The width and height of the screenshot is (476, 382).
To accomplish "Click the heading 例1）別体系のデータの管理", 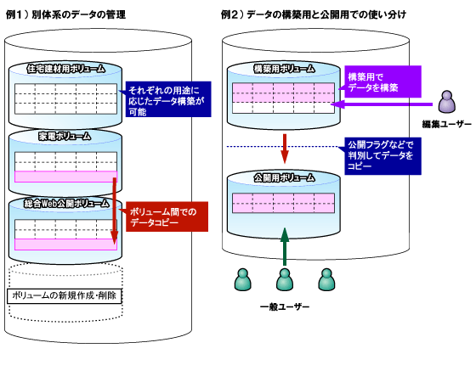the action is click(x=65, y=14).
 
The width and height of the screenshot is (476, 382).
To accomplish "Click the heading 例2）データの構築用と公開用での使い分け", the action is click(x=314, y=14).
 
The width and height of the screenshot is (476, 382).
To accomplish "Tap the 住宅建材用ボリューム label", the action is click(x=65, y=69).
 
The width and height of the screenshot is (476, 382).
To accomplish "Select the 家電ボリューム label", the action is click(x=65, y=137).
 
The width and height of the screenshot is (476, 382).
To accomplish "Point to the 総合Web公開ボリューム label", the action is click(x=66, y=204).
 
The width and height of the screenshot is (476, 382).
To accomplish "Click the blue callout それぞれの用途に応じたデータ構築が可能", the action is click(x=168, y=99).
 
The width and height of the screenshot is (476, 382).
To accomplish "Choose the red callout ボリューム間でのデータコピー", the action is click(x=167, y=216).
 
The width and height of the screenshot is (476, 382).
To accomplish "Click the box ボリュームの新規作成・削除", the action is click(x=65, y=296).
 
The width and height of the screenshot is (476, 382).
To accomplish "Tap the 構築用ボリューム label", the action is click(x=284, y=69).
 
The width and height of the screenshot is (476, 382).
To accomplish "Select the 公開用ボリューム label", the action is click(x=284, y=177).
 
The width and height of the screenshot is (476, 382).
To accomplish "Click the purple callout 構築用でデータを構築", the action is click(x=382, y=81).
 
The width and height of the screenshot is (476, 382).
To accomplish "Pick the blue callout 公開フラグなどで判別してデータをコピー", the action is click(x=382, y=156).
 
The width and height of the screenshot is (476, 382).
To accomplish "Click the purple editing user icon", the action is click(x=447, y=102).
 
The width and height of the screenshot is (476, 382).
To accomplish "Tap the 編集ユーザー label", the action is click(x=447, y=124).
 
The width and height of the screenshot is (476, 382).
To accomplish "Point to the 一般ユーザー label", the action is click(x=285, y=306).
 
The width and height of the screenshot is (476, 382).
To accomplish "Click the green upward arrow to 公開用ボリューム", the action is click(x=285, y=247).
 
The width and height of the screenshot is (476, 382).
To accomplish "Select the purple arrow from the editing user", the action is click(x=382, y=104).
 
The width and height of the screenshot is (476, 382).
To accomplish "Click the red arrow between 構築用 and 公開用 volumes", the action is click(x=285, y=149).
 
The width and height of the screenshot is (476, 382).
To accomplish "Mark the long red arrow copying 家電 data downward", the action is click(x=115, y=211).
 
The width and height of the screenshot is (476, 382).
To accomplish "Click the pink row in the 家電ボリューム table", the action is click(x=66, y=177).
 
